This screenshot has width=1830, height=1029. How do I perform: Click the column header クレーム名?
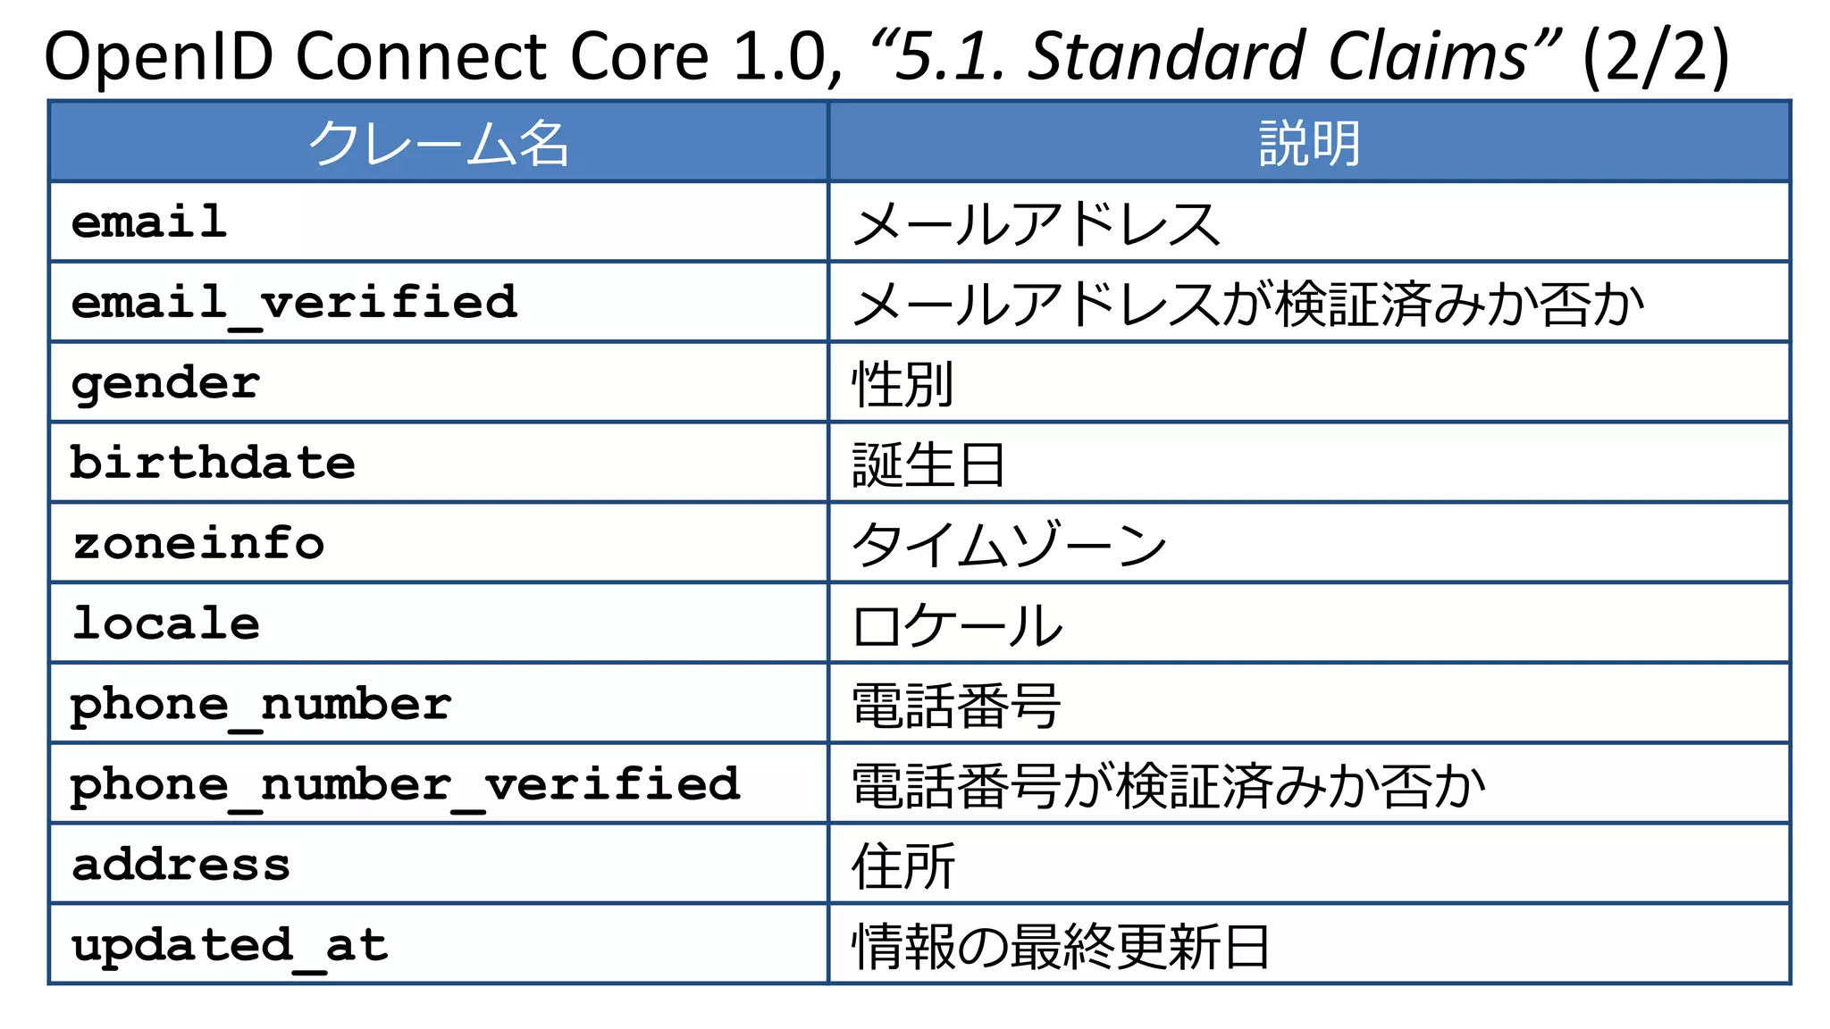coord(438,143)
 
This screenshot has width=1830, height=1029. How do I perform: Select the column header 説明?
coord(1309,143)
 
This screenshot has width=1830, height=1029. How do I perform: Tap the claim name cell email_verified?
coord(294,303)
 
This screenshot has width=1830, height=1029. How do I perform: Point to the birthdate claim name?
coord(213,464)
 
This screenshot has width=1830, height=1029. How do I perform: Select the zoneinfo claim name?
coord(198,544)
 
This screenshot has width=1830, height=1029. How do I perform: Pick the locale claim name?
coord(166,623)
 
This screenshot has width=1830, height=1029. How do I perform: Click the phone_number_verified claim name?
coord(405,785)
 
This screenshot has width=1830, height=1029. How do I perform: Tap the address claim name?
coord(181,865)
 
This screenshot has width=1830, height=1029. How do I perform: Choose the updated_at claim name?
coord(230,945)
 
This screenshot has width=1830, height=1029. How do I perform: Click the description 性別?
coord(903,384)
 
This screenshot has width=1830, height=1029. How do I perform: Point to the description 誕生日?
coord(928,464)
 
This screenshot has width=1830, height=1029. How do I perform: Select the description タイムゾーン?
coord(1009,545)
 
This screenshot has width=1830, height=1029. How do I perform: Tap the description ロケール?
coord(957,625)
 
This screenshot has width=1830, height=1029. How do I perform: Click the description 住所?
coord(903,866)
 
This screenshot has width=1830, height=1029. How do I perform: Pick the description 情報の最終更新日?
coord(1061,946)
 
